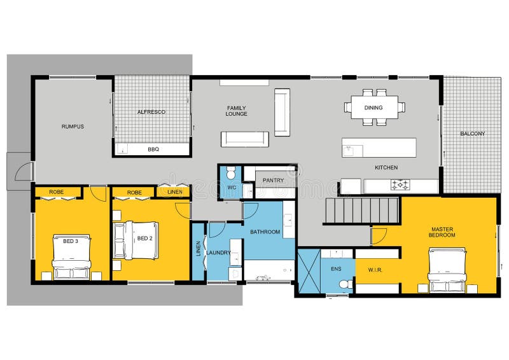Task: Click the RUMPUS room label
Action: point(73,127)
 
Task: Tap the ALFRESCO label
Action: point(151,112)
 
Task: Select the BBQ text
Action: point(153,149)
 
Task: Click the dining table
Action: point(375,107)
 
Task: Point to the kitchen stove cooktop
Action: point(400,185)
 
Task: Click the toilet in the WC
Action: point(231,173)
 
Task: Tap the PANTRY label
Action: point(274,180)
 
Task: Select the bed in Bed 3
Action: point(71,257)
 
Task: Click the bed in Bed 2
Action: point(136,240)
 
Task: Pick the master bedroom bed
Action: point(447,270)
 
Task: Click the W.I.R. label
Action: point(375,270)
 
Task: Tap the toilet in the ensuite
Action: point(345,284)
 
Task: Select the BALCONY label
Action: point(472,134)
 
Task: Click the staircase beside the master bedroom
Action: point(362,211)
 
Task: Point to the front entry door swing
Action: point(23,171)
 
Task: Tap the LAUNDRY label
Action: point(218,253)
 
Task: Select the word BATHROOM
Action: point(265,232)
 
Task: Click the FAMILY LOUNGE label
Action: point(236,111)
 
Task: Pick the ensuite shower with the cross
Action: point(309,272)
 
